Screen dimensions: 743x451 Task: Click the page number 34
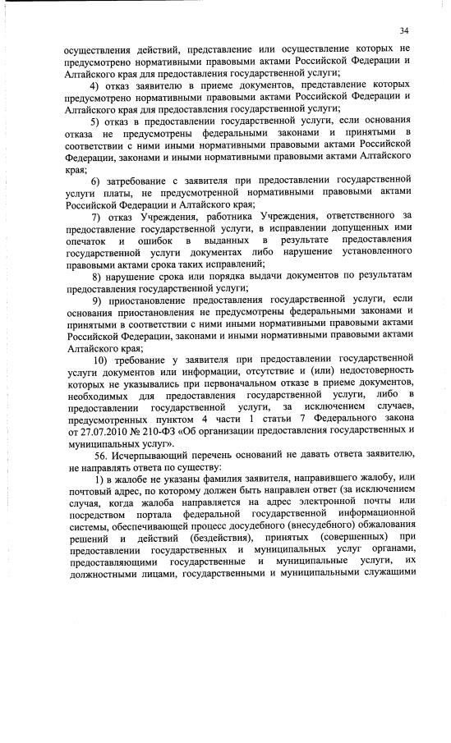point(403,30)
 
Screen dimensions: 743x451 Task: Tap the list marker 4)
point(95,85)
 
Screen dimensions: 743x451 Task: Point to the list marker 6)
point(95,180)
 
